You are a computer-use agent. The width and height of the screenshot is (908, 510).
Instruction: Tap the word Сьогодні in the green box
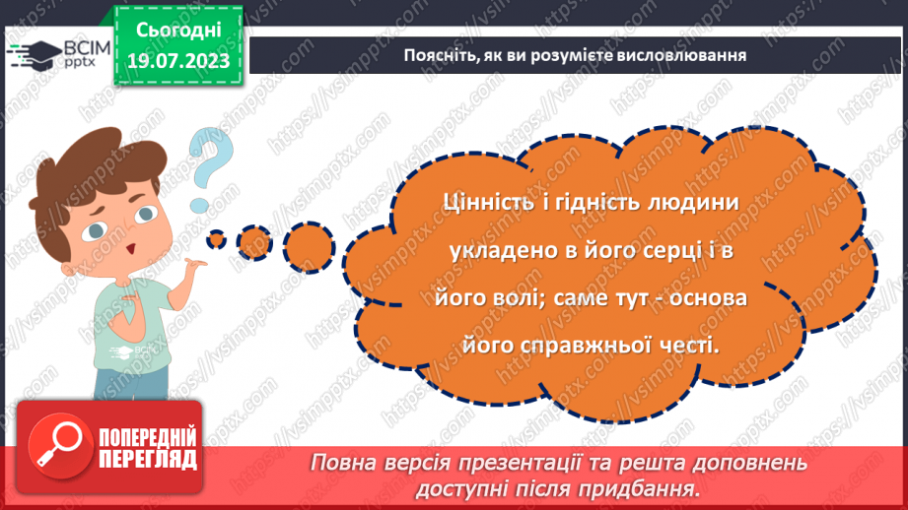(x=177, y=29)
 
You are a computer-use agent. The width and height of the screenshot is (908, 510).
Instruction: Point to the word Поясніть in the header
(x=435, y=55)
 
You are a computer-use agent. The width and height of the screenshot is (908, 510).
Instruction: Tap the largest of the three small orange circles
(x=309, y=240)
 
